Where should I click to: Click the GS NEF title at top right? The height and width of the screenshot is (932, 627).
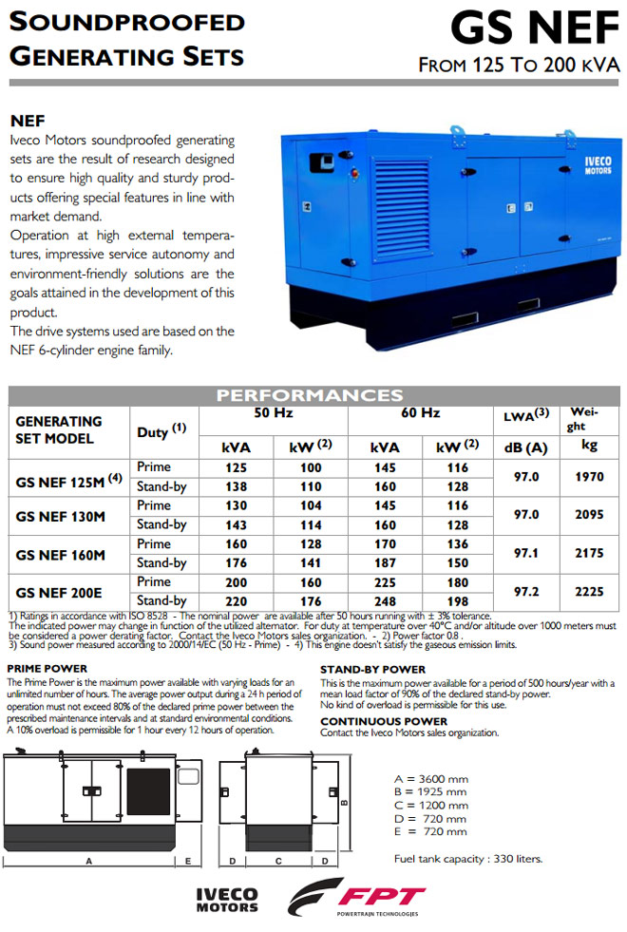tap(534, 30)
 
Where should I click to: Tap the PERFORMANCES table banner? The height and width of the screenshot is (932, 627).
tap(310, 395)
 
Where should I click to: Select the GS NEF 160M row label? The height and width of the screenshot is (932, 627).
tap(61, 554)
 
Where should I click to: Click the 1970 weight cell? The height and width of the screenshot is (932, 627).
tap(589, 477)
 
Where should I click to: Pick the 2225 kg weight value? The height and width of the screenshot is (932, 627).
tap(589, 591)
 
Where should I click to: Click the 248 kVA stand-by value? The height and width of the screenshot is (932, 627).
tap(384, 600)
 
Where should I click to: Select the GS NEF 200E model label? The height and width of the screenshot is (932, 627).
tap(61, 592)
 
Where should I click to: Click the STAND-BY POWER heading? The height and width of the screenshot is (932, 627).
tap(372, 670)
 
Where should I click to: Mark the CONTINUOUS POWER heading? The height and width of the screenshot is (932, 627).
tap(378, 721)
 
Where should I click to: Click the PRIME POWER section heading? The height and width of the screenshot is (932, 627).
tap(47, 669)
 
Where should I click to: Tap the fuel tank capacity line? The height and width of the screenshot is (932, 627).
tap(468, 859)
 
